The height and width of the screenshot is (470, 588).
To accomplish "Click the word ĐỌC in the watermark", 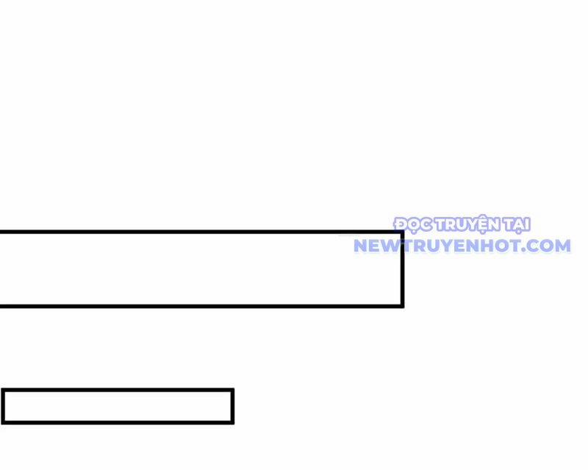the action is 413,225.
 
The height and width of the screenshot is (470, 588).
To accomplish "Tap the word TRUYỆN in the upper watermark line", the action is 467,224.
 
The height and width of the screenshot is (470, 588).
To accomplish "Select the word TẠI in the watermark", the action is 517,225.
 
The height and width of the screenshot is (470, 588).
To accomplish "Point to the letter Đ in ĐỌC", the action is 400,224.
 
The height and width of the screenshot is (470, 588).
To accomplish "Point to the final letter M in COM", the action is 562,246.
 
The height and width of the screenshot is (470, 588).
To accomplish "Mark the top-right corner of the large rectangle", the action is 402,232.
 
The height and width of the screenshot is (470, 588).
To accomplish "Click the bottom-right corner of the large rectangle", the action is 402,306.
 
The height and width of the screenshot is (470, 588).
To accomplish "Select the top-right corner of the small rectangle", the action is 232,391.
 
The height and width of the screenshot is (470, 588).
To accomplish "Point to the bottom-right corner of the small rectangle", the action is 232,423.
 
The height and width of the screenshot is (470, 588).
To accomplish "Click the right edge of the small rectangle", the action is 232,407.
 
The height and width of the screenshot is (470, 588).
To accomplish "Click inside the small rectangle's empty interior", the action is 118,407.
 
